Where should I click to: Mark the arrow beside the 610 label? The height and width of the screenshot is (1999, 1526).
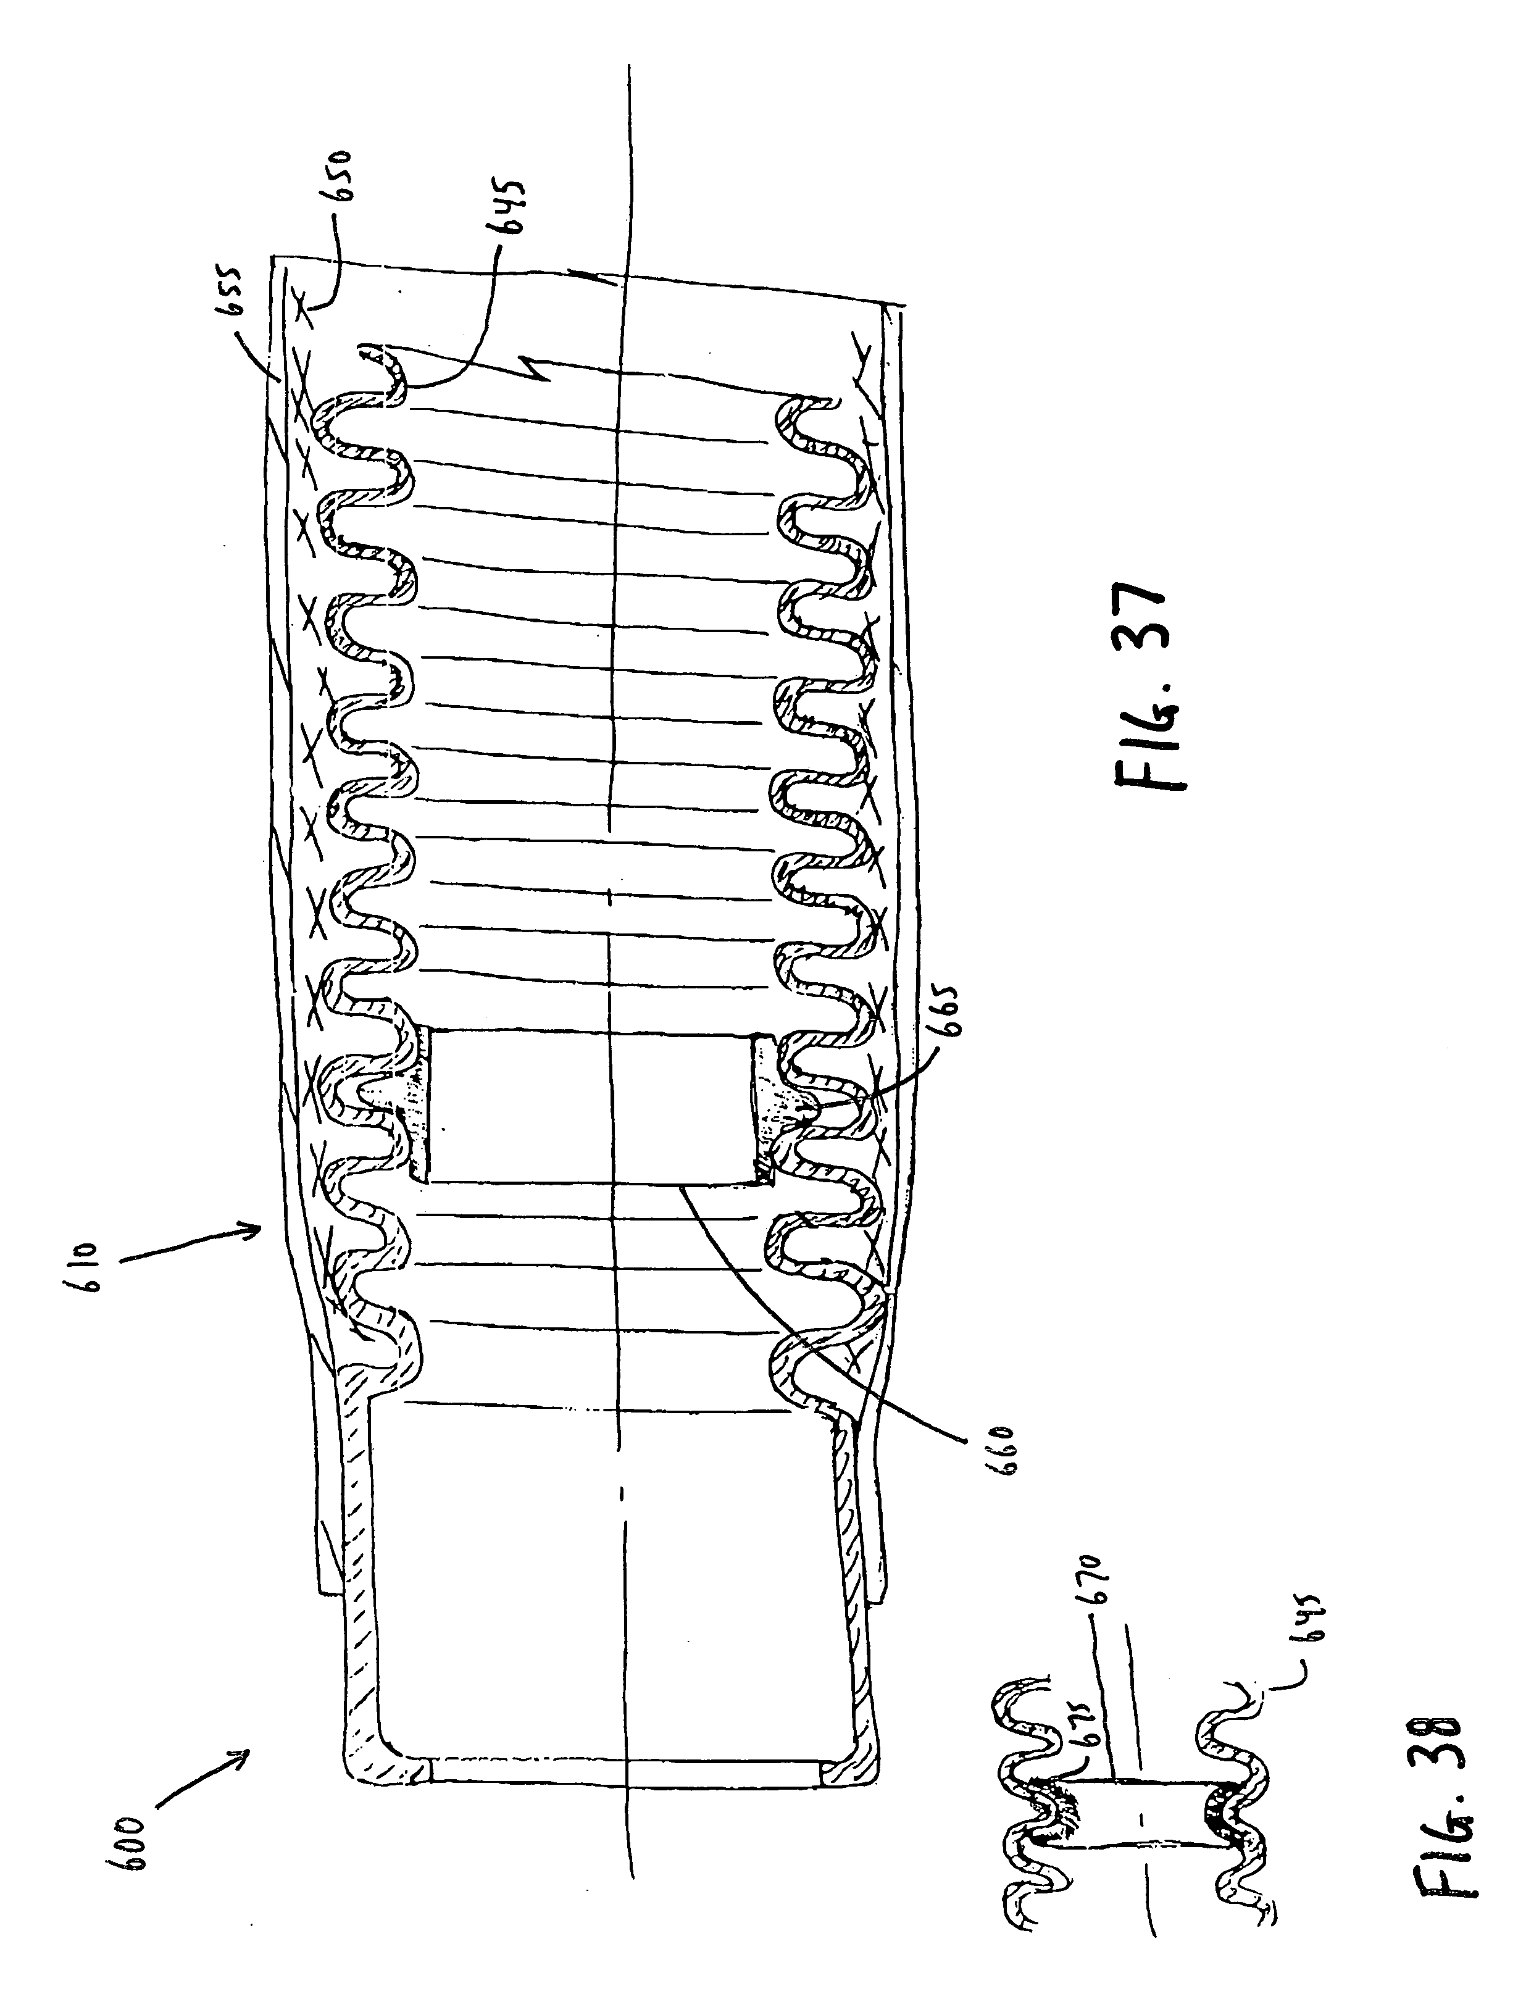[x=191, y=1244]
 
